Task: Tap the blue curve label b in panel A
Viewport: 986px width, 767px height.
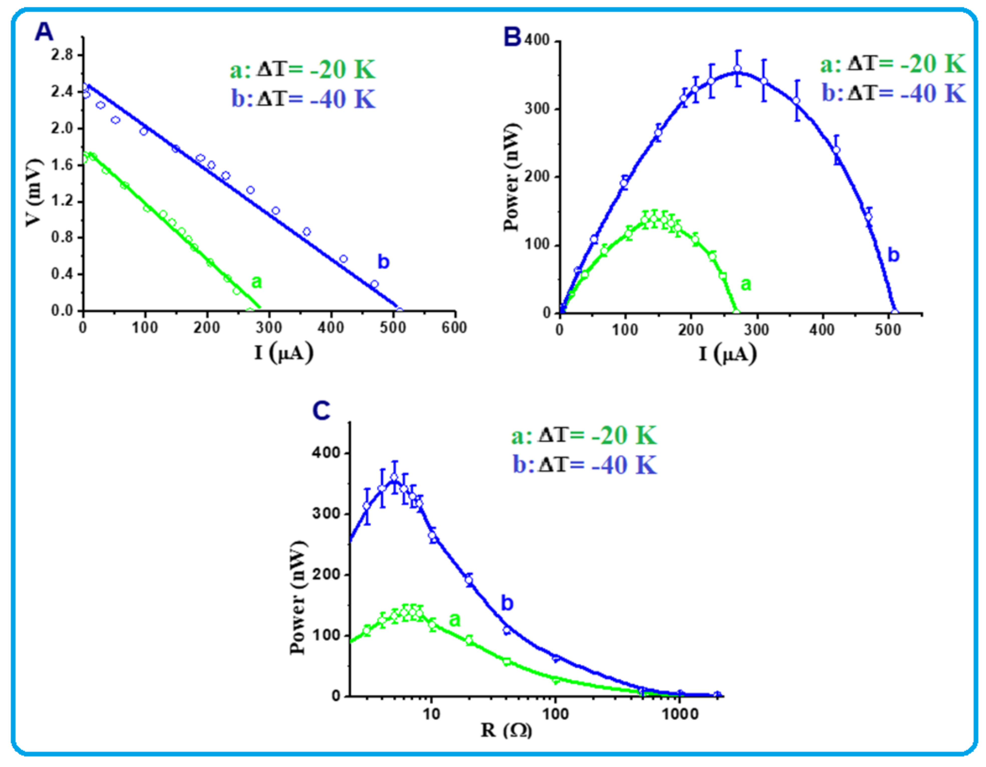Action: [x=383, y=262]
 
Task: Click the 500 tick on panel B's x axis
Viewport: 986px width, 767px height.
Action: [x=888, y=330]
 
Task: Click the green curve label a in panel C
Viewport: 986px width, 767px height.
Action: [x=455, y=620]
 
